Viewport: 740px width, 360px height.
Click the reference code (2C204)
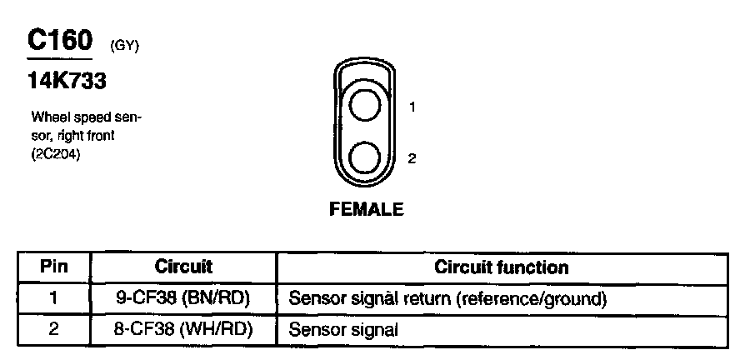(56, 155)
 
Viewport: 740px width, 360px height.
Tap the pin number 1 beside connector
(412, 107)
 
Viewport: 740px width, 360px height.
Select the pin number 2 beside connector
(412, 158)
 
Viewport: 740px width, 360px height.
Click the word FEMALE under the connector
(367, 209)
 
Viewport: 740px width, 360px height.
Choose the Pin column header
(54, 267)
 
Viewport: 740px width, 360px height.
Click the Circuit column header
(183, 267)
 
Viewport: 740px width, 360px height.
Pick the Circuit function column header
(502, 267)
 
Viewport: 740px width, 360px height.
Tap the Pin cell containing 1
(54, 297)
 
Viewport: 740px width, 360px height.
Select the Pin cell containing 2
(54, 329)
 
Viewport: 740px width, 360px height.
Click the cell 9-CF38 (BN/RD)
(183, 297)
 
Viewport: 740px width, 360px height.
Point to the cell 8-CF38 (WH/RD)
(183, 329)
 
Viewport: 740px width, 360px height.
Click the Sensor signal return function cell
(447, 297)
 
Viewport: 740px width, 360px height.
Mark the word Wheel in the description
(48, 117)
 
